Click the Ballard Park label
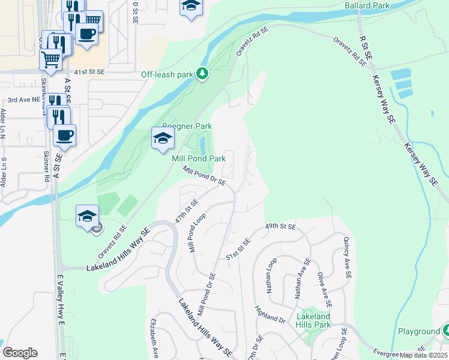pyautogui.click(x=367, y=5)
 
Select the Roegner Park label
pyautogui.click(x=187, y=126)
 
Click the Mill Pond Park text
pyautogui.click(x=199, y=158)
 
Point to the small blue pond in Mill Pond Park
pyautogui.click(x=202, y=145)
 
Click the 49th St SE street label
pyautogui.click(x=281, y=227)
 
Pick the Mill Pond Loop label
pyautogui.click(x=199, y=233)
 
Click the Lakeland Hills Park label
pyautogui.click(x=313, y=320)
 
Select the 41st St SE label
pyautogui.click(x=89, y=71)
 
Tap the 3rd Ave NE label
pyautogui.click(x=23, y=100)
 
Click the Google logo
pyautogui.click(x=20, y=353)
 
